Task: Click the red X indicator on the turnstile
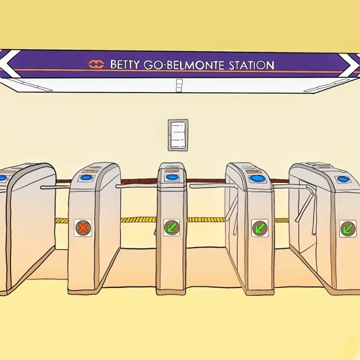tap(83, 228)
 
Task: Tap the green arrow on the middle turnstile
tap(172, 227)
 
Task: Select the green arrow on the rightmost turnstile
tap(348, 228)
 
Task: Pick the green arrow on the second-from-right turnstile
tap(260, 228)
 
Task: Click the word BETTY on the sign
tap(125, 64)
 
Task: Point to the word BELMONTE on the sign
tap(196, 65)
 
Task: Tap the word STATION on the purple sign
tap(251, 66)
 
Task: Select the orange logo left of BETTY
tap(96, 64)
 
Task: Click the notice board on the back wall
tap(178, 135)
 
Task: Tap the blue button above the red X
tap(86, 178)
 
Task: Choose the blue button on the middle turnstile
tap(171, 177)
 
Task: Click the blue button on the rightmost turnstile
tap(342, 179)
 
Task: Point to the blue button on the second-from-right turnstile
tap(256, 179)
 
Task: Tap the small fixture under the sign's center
tap(179, 85)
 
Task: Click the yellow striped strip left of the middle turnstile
tap(138, 220)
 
